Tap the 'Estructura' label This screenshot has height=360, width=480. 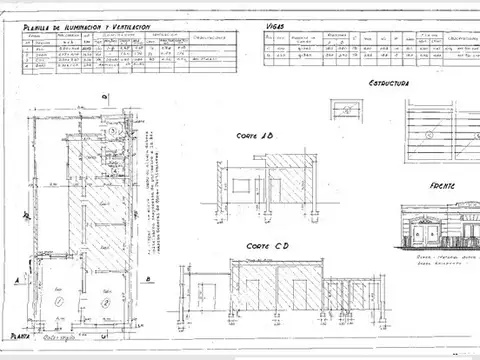point(389,83)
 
